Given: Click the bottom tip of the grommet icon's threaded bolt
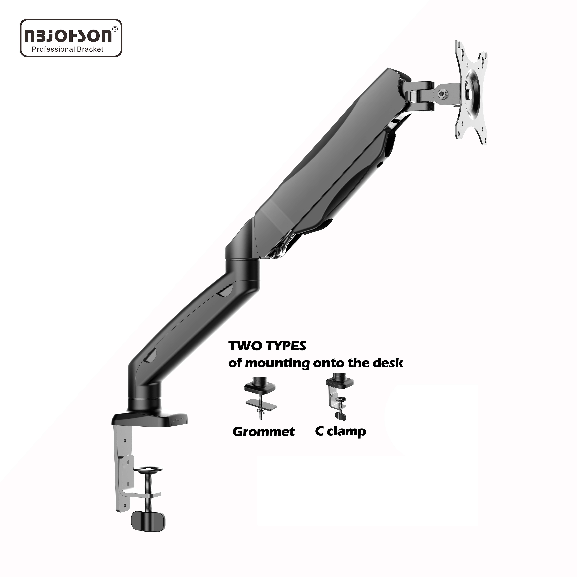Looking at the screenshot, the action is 261,419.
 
